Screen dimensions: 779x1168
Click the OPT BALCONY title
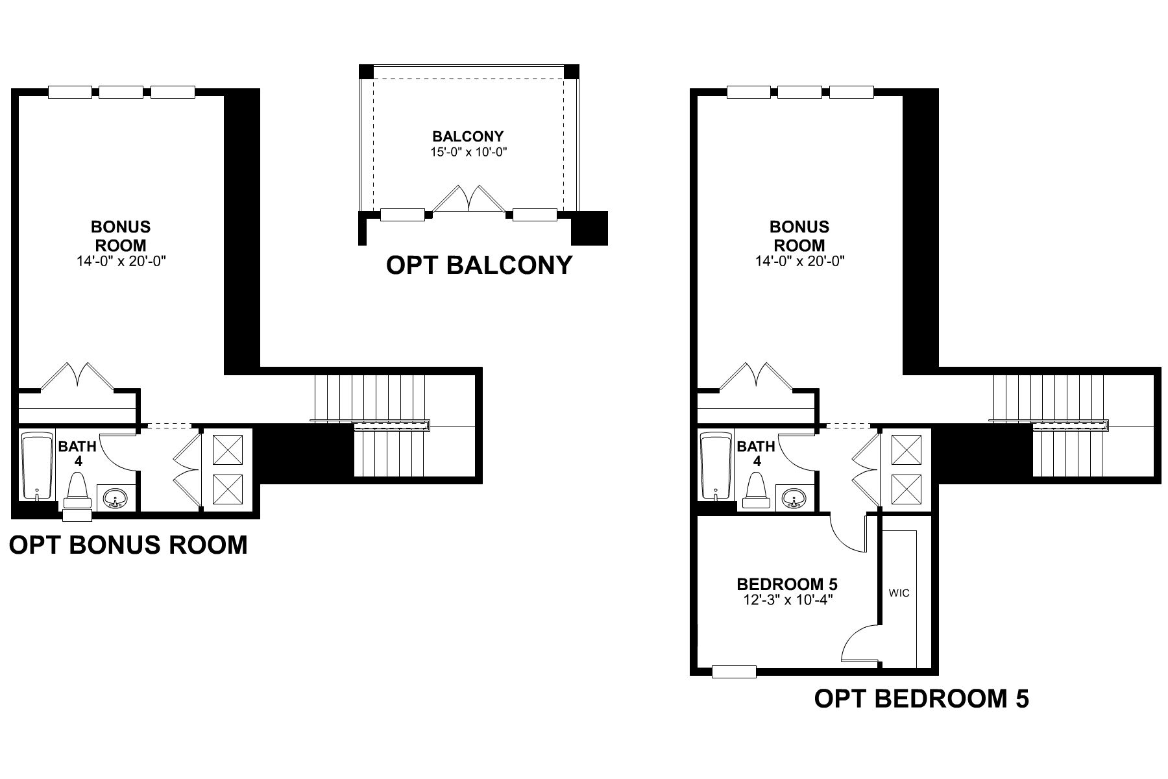(479, 265)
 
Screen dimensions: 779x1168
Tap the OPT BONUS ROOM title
(128, 545)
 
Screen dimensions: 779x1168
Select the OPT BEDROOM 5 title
(921, 699)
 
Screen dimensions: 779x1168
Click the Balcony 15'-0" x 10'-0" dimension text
(468, 152)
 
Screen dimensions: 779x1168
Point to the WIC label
(899, 593)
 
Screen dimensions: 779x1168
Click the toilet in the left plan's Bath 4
(78, 492)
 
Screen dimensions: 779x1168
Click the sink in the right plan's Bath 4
(794, 498)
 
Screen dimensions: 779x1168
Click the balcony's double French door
(469, 199)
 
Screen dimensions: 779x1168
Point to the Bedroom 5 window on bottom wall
(734, 672)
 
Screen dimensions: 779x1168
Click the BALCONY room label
(468, 136)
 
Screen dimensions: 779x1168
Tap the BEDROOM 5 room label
(786, 584)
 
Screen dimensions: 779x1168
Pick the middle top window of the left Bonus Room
(121, 92)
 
